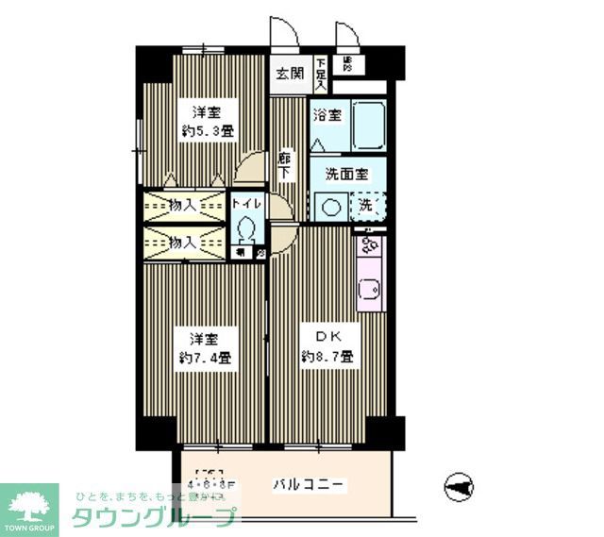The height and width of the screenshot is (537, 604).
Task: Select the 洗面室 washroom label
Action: point(345,174)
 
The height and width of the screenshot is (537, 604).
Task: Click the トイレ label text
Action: point(248,203)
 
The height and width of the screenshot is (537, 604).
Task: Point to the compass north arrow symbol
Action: point(459,487)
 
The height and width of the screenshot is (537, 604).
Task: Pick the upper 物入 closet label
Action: point(182,203)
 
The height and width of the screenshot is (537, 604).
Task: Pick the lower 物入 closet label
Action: point(182,242)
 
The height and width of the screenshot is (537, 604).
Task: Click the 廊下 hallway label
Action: point(283,166)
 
